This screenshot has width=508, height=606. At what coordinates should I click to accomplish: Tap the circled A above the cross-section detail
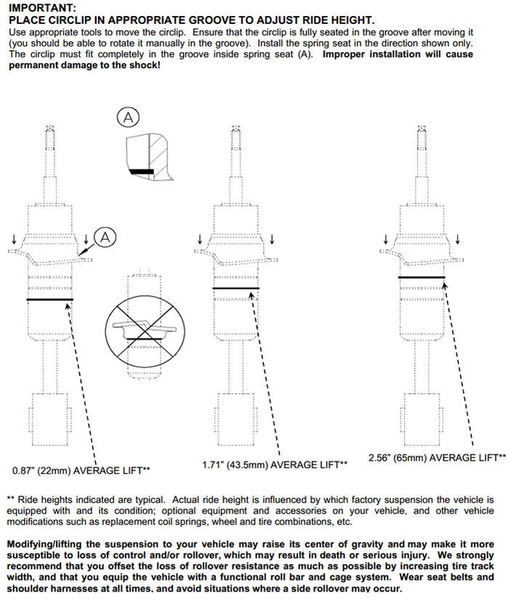point(128,118)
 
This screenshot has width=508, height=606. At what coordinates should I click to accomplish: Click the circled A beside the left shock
point(105,238)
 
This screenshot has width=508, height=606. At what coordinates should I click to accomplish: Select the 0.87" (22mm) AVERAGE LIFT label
point(81,471)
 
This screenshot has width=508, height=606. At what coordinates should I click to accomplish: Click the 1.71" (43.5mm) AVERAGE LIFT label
point(275,464)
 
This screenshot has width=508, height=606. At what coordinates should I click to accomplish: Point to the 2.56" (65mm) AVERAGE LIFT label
point(437,458)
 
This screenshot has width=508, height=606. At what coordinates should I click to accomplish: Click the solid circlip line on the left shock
point(50,299)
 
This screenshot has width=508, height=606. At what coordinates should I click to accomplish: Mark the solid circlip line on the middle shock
point(235,288)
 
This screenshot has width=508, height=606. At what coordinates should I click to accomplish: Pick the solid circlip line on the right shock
point(422,277)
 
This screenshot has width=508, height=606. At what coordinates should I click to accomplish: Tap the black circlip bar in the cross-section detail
point(142,171)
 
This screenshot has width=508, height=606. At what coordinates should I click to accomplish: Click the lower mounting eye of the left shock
point(50,420)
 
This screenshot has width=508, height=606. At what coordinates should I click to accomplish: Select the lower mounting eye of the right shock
point(422,420)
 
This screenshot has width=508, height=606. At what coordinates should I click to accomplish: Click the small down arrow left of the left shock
point(15,239)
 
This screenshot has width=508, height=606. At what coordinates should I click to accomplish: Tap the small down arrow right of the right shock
point(458,239)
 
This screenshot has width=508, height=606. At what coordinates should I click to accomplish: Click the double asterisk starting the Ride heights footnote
point(11,499)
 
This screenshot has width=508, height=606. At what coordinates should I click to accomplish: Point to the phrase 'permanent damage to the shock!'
point(84,65)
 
